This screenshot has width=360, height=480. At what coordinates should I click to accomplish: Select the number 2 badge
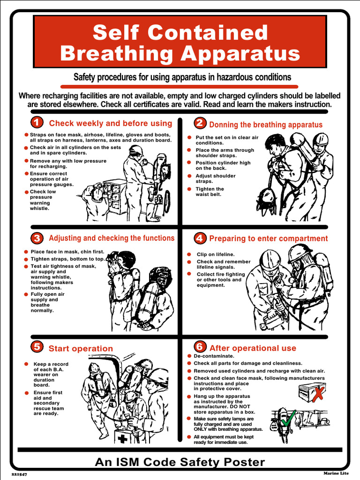click(x=200, y=123)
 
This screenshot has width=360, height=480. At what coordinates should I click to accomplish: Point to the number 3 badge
click(x=37, y=238)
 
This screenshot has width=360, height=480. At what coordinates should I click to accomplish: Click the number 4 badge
click(x=200, y=238)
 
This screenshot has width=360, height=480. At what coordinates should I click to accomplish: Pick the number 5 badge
click(x=37, y=347)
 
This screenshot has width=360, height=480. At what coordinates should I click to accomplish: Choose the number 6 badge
click(x=200, y=347)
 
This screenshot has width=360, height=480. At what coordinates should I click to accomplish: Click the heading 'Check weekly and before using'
click(x=111, y=123)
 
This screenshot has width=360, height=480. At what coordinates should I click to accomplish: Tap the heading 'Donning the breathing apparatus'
click(x=266, y=125)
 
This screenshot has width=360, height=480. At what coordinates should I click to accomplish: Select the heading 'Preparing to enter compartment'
click(x=268, y=239)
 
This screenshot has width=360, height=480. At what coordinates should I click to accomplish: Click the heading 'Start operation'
click(x=81, y=348)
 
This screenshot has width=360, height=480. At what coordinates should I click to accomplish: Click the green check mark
click(x=290, y=416)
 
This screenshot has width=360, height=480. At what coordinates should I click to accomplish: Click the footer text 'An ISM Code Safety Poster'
click(x=180, y=462)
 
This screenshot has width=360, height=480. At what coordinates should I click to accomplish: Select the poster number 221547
click(x=19, y=474)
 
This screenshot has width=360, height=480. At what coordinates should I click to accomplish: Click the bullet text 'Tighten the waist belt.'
click(x=210, y=192)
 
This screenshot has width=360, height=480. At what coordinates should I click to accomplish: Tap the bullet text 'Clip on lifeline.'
click(x=215, y=255)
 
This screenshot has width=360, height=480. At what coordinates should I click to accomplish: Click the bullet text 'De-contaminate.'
click(x=214, y=356)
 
